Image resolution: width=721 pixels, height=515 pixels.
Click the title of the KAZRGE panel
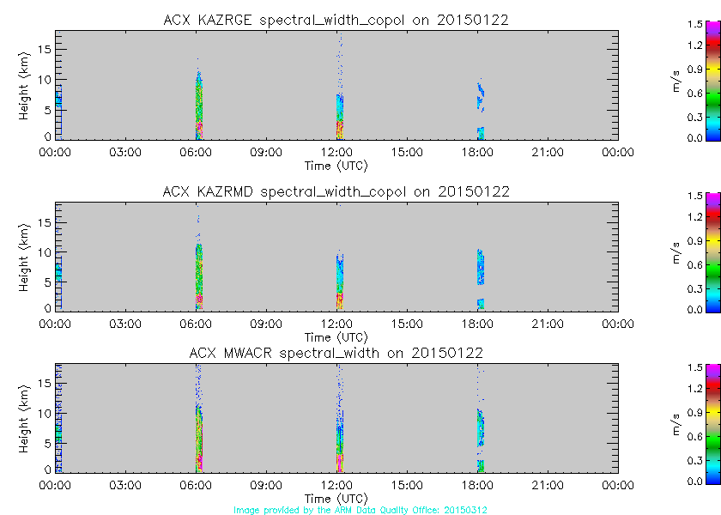[x=336, y=20]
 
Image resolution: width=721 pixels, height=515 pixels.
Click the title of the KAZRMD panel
[x=336, y=191]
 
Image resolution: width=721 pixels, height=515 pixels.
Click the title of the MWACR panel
[x=336, y=353]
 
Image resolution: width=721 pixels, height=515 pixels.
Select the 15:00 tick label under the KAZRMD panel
[x=407, y=324]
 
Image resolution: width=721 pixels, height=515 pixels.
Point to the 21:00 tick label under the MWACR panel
[x=548, y=486]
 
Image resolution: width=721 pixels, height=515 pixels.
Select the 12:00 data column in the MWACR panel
[x=339, y=429]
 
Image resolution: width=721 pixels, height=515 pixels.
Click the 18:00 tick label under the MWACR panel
[x=477, y=486]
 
